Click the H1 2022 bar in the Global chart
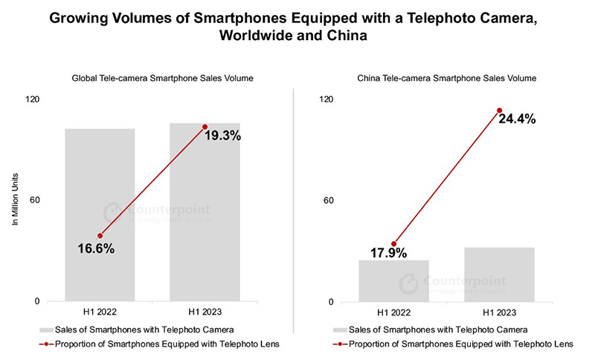100,215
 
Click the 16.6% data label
96,249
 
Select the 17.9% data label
388,253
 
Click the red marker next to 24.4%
499,111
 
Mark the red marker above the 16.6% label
100,236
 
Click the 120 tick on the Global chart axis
33,100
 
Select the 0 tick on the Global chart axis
37,301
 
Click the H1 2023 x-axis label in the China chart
499,313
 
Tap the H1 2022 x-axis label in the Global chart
100,313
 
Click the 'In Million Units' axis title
14,201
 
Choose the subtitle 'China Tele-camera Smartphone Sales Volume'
447,77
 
